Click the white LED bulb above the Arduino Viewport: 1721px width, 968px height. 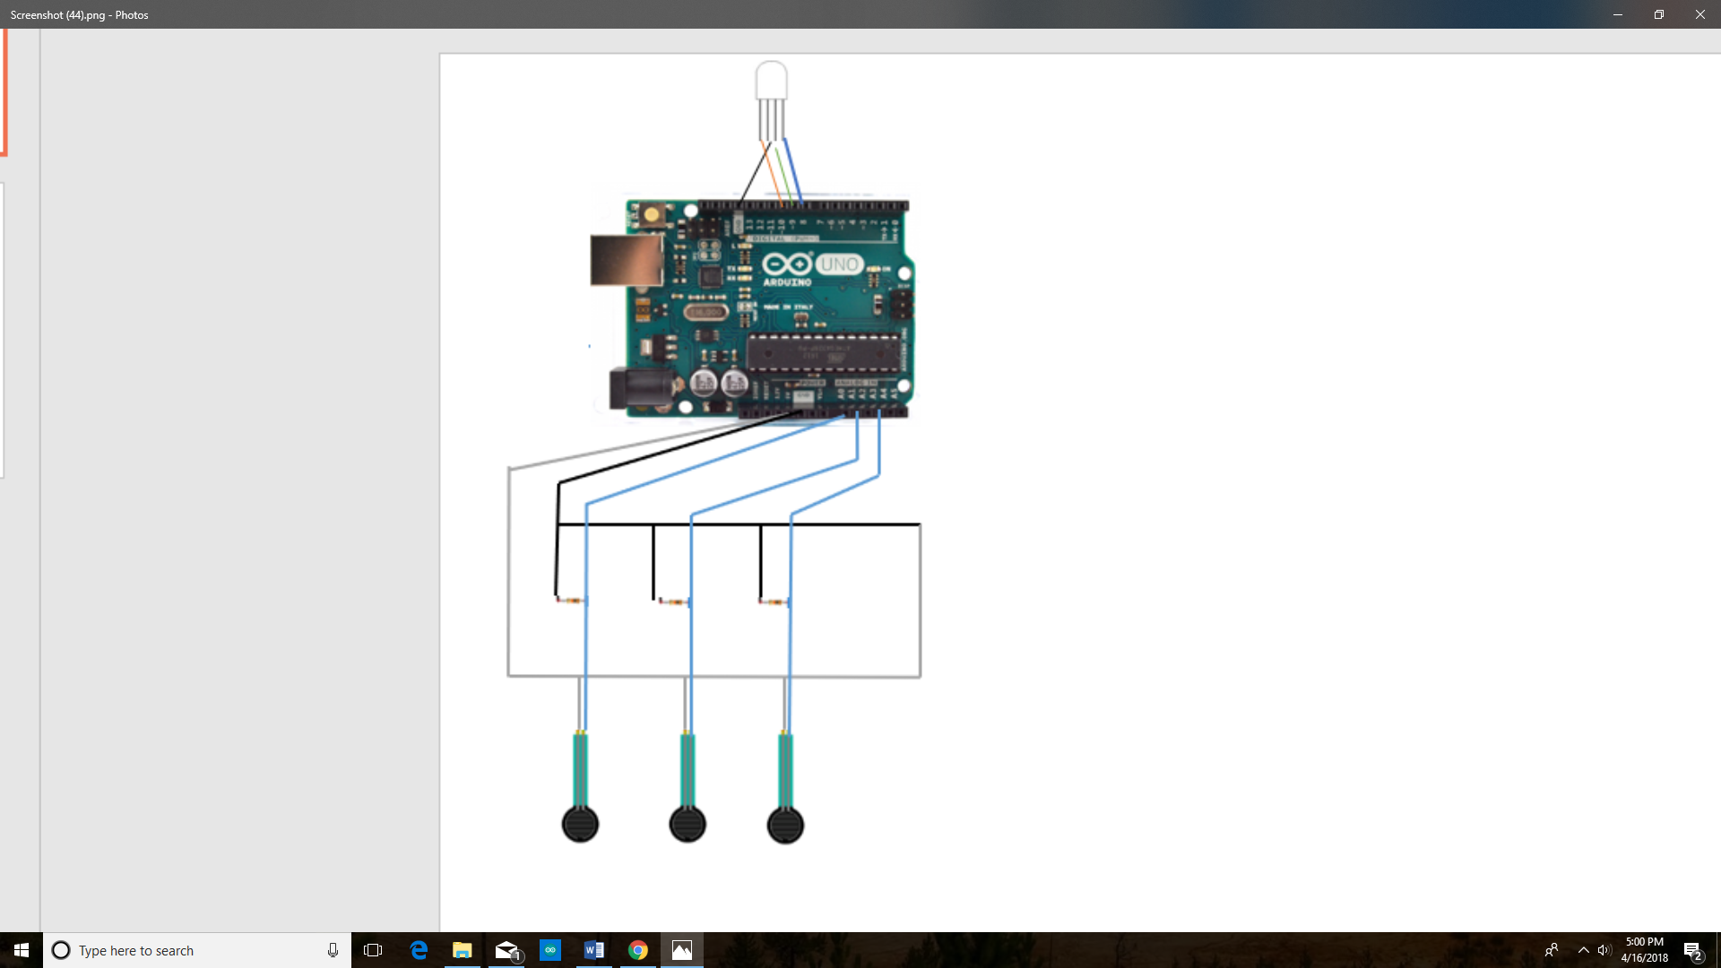point(771,81)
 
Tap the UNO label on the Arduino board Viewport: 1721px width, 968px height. point(839,264)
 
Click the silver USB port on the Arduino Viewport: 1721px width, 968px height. point(626,260)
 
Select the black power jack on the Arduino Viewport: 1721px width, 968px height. point(638,389)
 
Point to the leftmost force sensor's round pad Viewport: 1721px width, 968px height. point(580,824)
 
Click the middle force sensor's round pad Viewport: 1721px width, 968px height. point(688,824)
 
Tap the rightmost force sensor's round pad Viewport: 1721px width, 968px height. point(785,825)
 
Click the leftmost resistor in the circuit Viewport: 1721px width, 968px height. point(570,600)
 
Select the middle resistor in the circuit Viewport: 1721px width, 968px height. point(673,601)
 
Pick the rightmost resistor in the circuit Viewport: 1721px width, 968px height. point(774,601)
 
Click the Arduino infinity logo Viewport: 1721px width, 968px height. point(787,264)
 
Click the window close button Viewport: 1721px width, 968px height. point(1699,14)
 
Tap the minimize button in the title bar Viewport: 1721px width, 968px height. point(1618,14)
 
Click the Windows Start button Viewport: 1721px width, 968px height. point(22,950)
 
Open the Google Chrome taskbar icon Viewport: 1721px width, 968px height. point(638,950)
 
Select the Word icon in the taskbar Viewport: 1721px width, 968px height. point(593,950)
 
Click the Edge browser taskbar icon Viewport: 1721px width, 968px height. point(419,950)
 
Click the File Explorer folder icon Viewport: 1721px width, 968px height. point(462,950)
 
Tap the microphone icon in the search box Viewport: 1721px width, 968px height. point(333,950)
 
